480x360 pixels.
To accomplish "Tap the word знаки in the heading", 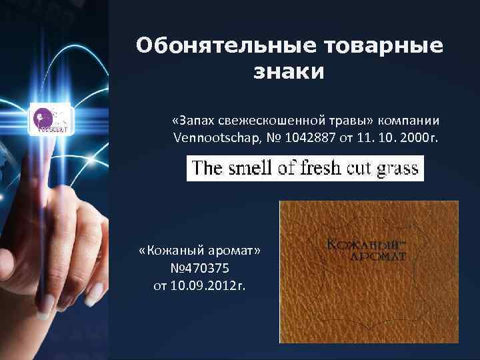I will (289, 71).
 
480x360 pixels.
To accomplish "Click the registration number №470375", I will (200, 269).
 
